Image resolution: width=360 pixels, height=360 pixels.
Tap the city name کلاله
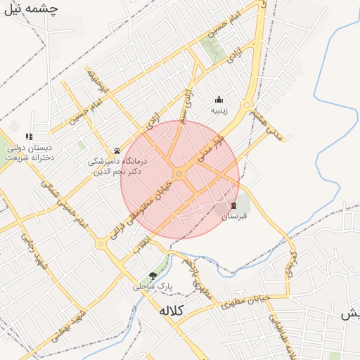click(171, 311)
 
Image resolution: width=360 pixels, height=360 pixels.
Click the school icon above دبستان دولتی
click(29, 136)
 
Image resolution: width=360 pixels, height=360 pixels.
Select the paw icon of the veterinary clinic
click(117, 150)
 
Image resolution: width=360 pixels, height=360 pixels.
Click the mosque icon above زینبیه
click(219, 100)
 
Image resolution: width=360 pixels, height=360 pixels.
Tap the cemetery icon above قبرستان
click(234, 205)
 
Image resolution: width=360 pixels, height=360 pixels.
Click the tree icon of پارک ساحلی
click(153, 276)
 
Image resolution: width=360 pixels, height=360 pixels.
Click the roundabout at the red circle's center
click(180, 173)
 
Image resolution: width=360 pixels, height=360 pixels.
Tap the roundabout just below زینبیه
click(246, 107)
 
